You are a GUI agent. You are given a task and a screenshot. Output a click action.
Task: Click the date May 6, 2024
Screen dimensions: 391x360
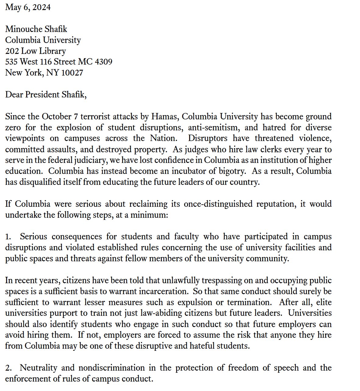pyautogui.click(x=28, y=7)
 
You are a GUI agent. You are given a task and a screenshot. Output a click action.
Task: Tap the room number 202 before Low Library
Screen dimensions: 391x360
pyautogui.click(x=12, y=51)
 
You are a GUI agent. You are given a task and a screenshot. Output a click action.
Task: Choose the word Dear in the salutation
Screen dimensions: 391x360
pyautogui.click(x=14, y=95)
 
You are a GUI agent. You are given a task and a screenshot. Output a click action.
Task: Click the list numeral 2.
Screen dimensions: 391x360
pyautogui.click(x=8, y=368)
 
